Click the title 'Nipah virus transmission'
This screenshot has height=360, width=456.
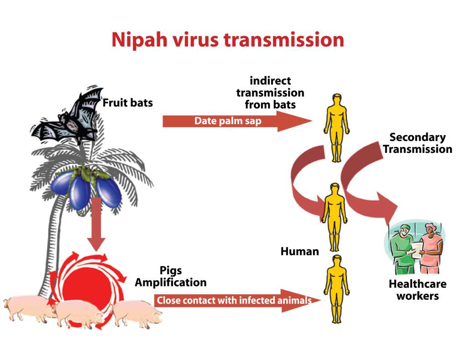tap(227, 40)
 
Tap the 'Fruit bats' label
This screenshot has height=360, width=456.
tap(127, 103)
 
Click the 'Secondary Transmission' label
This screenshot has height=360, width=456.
tap(420, 143)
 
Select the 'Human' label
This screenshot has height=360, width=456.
tap(299, 251)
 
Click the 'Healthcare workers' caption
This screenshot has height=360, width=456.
tap(414, 289)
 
